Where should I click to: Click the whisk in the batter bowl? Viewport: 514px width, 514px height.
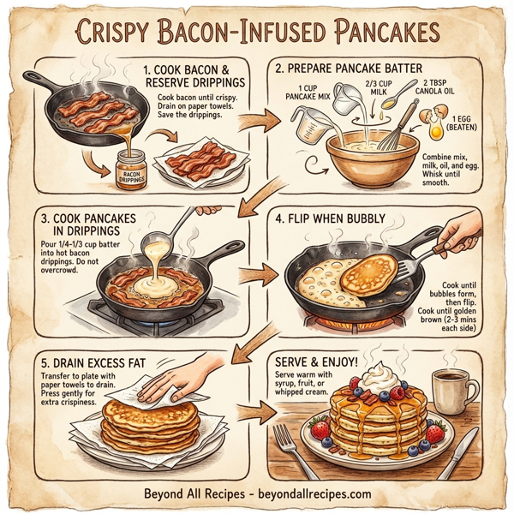[396, 129]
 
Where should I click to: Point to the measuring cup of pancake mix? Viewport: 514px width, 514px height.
[311, 125]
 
